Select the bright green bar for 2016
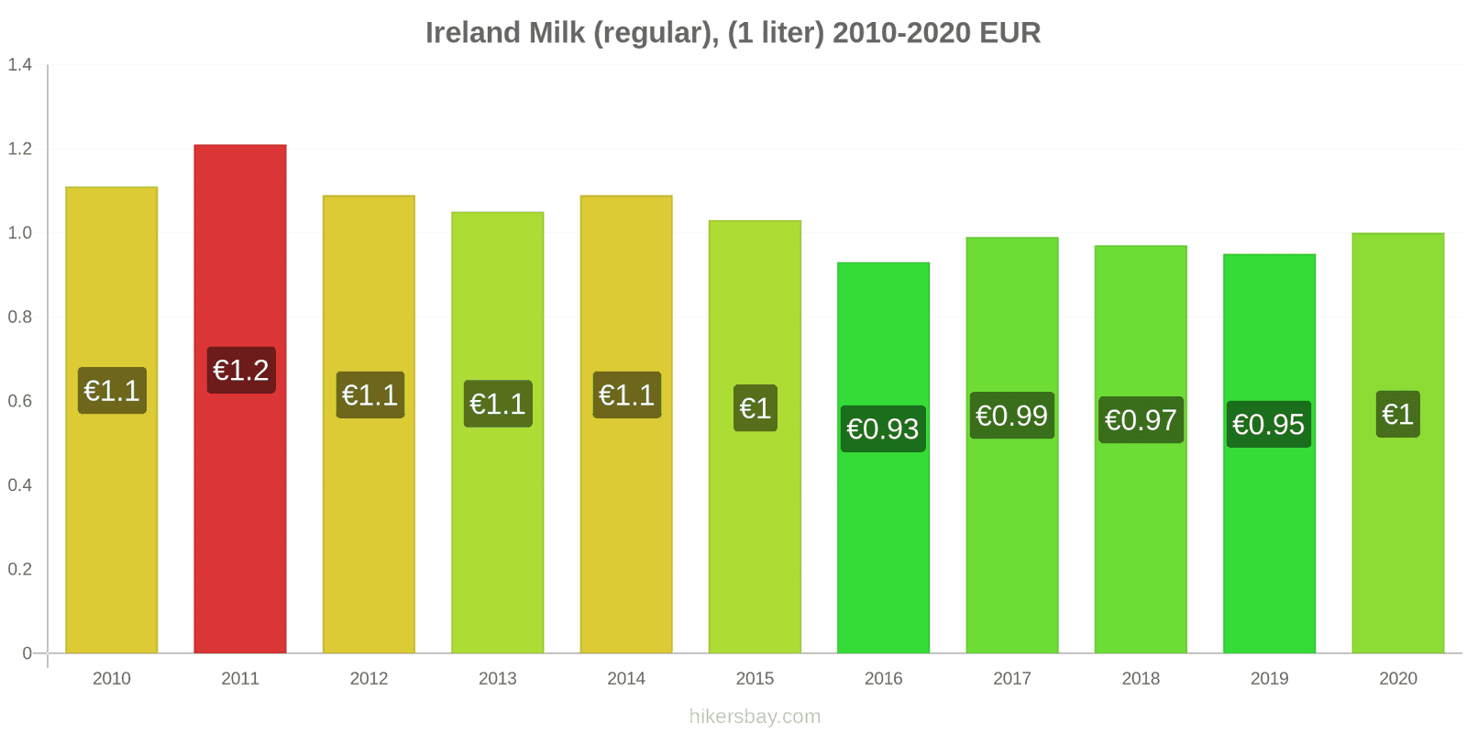coord(883,550)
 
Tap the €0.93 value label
coord(883,428)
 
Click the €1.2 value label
coord(241,370)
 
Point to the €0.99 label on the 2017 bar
coord(1011,416)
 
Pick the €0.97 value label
coord(1141,420)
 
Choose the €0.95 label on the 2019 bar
coord(1269,424)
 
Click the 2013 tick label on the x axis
coord(498,678)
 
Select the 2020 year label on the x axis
coord(1397,678)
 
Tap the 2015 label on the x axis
coord(755,678)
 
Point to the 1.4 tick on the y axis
coord(20,64)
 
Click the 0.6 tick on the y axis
coord(20,401)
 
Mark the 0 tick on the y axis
coord(28,653)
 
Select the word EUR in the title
coord(1009,33)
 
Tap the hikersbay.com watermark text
coord(755,717)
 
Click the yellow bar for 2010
coord(112,532)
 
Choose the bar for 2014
coord(626,532)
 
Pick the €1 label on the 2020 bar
coord(1397,414)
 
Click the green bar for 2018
coord(1141,550)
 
